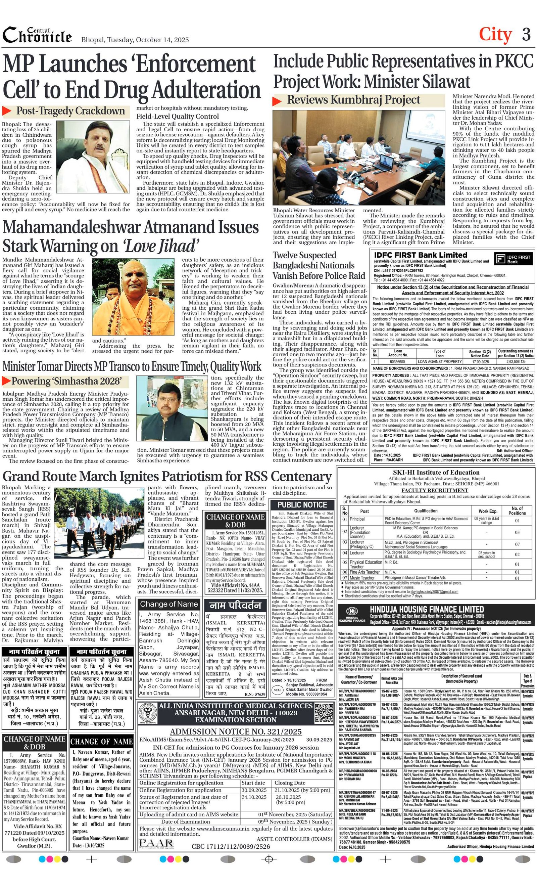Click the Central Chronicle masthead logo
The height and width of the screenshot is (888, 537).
click(x=37, y=35)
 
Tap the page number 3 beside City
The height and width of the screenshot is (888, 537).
click(x=526, y=35)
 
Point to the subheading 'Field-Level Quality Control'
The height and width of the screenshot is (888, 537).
click(x=177, y=117)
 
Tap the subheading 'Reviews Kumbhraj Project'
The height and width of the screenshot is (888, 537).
click(x=353, y=100)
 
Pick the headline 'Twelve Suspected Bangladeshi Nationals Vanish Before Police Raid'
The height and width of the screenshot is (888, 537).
click(x=319, y=266)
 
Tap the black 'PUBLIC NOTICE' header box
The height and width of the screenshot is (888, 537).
click(x=302, y=504)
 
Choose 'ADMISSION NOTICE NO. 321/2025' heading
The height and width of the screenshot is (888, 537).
click(x=236, y=731)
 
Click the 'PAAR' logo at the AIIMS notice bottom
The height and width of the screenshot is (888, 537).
click(x=156, y=843)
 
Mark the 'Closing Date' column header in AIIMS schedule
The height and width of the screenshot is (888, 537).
click(x=290, y=783)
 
